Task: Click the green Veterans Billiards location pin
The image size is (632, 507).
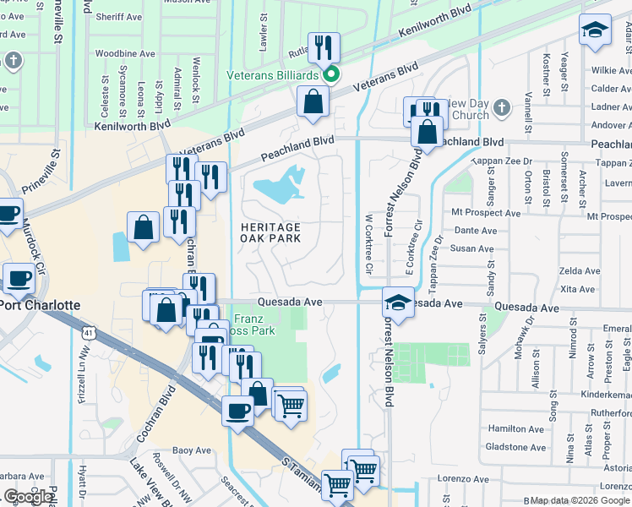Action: coord(332,75)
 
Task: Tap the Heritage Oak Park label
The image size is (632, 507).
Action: coord(270,233)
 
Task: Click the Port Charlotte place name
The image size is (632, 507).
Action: coord(40,305)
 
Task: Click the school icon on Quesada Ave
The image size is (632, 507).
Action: coord(398,301)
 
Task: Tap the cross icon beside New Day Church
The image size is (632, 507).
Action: coord(501,107)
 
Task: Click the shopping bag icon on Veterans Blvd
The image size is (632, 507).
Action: coord(313,101)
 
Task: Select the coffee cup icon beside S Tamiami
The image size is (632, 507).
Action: coord(237,411)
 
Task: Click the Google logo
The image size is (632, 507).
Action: coord(28,497)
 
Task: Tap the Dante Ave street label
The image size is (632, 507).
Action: coord(476,230)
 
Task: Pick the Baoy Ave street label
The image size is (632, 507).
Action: coord(191,450)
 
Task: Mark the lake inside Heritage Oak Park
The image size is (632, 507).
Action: coord(280,187)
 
